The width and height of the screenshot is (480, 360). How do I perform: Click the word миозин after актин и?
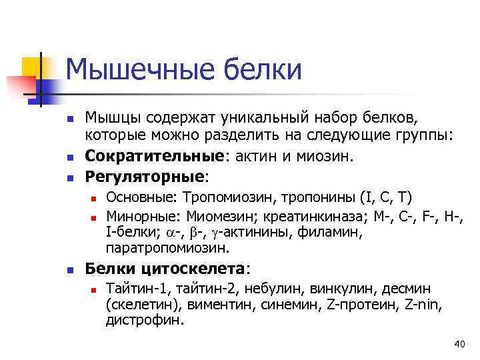click(333, 157)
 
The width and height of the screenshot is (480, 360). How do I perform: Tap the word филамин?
click(335, 232)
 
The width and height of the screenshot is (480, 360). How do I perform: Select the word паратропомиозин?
click(167, 249)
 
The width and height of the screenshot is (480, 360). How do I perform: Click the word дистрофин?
click(144, 320)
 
